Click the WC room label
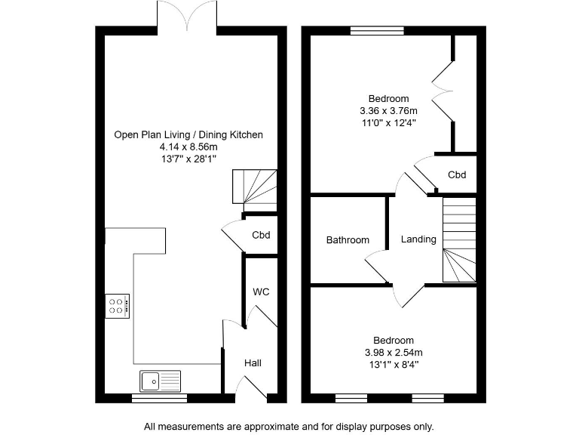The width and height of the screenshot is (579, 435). coord(261,292)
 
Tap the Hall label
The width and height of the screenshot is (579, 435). coord(253,363)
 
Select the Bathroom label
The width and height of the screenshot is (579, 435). coord(348,240)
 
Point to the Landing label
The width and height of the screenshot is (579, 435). coord(418,239)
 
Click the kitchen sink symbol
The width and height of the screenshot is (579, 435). coord(160,380)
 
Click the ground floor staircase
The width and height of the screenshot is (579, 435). coord(254,188)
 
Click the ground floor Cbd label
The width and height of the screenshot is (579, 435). coord(261,235)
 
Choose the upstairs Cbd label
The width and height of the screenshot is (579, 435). coord(457,174)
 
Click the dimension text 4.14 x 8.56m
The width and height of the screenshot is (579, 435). coord(188,147)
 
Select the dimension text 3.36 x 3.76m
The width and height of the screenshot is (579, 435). coord(388,110)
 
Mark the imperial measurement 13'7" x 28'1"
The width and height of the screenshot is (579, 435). coord(188,159)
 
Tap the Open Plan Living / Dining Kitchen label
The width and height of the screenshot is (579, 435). coord(188,135)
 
